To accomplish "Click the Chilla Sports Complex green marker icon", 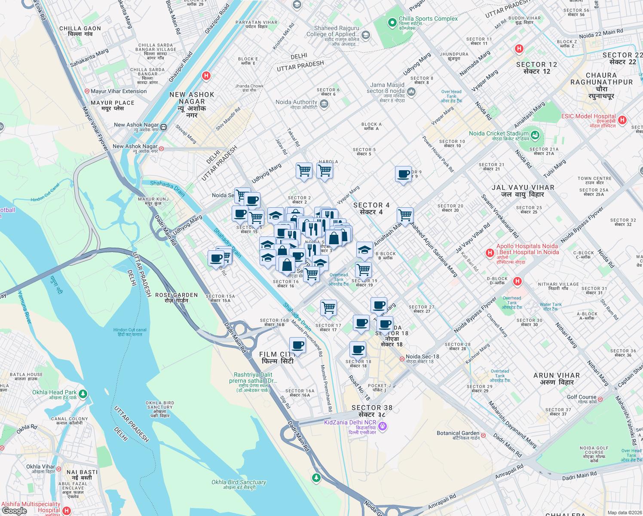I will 392,23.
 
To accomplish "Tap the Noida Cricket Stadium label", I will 499,134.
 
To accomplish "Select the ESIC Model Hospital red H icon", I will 622,120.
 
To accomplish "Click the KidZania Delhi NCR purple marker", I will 383,426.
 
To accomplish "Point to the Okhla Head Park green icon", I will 83,393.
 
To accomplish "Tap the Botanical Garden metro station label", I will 458,433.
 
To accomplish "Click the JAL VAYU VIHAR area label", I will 523,191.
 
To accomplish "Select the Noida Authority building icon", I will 324,104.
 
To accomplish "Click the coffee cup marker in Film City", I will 297,345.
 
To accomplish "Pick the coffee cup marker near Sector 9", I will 403,174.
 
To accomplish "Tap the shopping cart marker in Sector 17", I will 328,307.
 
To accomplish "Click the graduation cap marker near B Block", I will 364,250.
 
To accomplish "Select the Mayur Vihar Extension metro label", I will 118,91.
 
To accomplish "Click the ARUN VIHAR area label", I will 556,379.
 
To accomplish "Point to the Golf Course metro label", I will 582,397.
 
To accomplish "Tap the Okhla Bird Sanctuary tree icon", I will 316,477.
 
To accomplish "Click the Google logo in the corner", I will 14,510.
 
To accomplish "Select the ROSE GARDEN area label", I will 176,298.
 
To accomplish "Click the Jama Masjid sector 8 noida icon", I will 411,91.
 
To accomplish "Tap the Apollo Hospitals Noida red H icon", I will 489,253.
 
